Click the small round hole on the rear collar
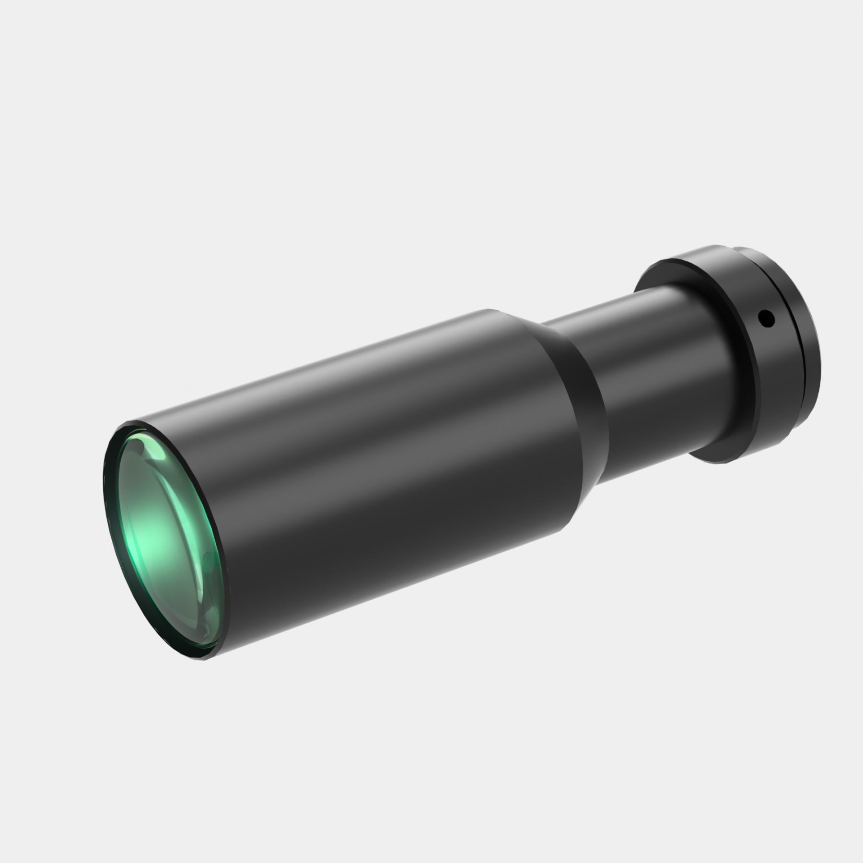tap(765, 317)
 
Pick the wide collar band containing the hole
tap(762, 345)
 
